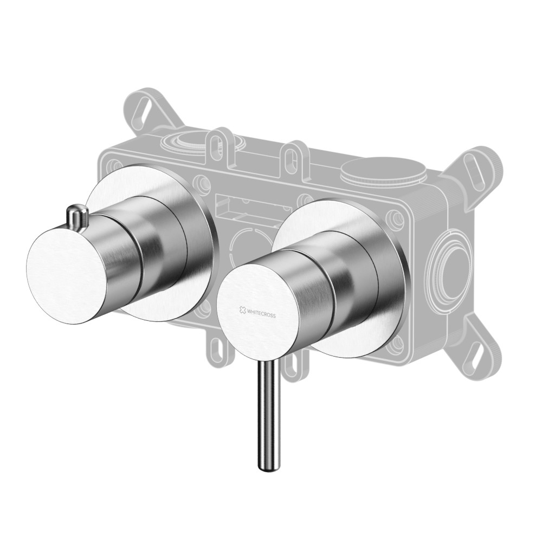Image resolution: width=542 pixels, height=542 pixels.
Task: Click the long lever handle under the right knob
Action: point(269,414)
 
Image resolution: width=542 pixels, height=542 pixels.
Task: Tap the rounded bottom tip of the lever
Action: point(269,467)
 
